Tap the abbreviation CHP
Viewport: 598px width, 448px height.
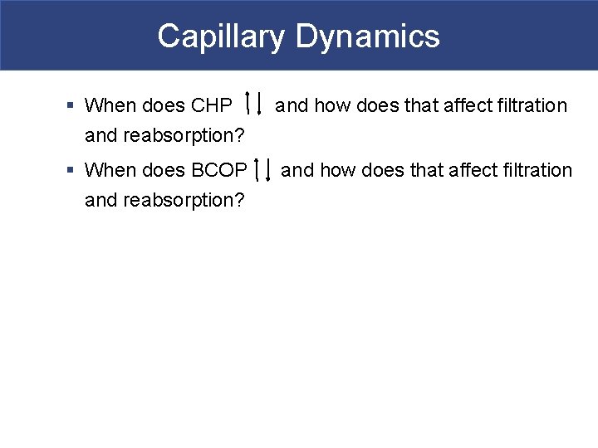pyautogui.click(x=212, y=106)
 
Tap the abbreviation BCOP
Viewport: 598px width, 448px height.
pyautogui.click(x=219, y=171)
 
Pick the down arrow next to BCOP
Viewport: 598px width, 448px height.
pyautogui.click(x=268, y=168)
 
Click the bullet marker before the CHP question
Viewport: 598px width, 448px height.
pyautogui.click(x=71, y=106)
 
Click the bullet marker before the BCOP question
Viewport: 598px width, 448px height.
pyautogui.click(x=71, y=171)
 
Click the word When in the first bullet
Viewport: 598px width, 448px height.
pyautogui.click(x=110, y=106)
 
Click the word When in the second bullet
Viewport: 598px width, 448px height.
pyautogui.click(x=110, y=171)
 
